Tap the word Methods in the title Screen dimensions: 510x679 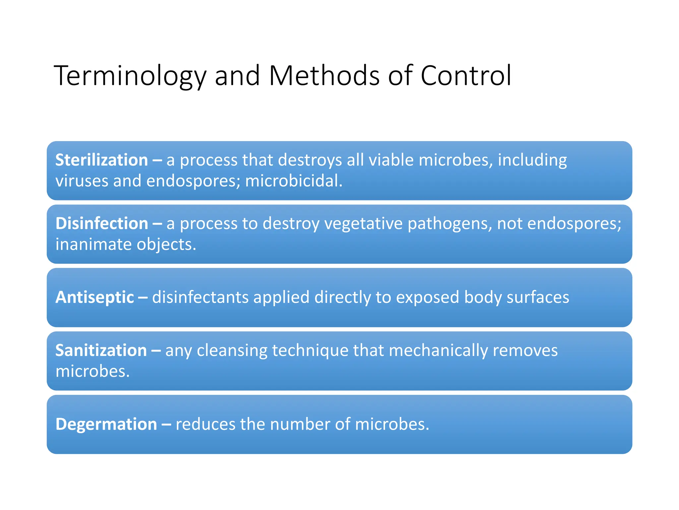pyautogui.click(x=324, y=76)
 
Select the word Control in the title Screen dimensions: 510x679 pyautogui.click(x=466, y=76)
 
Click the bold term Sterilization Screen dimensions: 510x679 pyautogui.click(x=101, y=160)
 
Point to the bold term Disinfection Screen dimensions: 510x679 pyautogui.click(x=102, y=223)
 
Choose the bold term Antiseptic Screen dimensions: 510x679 pyautogui.click(x=95, y=297)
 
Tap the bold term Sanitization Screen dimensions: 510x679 pyautogui.click(x=101, y=351)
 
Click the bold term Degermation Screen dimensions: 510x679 pyautogui.click(x=106, y=424)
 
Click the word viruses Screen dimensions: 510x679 pyautogui.click(x=82, y=181)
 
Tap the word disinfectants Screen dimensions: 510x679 pyautogui.click(x=200, y=297)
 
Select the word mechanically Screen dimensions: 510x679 pyautogui.click(x=438, y=351)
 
